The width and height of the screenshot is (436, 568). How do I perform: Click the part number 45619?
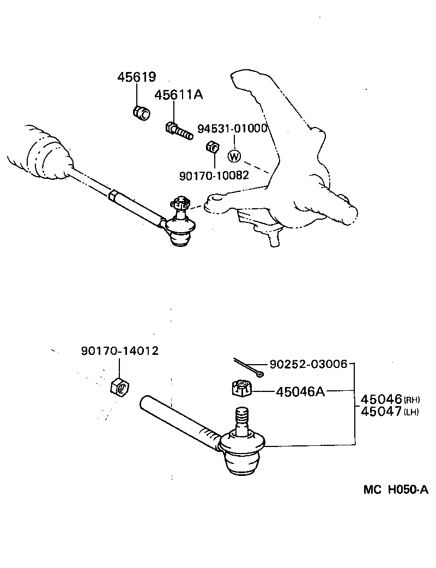pos(136,77)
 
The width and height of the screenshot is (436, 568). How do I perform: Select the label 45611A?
pos(178,95)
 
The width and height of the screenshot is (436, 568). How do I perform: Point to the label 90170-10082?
pos(214,175)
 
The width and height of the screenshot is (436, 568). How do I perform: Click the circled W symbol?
pos(234,156)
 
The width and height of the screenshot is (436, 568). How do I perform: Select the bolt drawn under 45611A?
pos(178,130)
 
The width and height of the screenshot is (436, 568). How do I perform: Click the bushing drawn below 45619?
pos(142,113)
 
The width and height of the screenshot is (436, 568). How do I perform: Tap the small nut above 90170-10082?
pos(213,147)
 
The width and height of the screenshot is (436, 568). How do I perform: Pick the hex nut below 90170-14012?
pos(120,387)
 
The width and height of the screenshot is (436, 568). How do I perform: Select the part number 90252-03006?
pos(308,364)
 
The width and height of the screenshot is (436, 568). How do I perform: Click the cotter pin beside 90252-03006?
pos(249,367)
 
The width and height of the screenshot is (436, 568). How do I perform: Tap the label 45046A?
pos(300,391)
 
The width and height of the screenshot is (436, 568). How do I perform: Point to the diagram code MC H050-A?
pos(396,490)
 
